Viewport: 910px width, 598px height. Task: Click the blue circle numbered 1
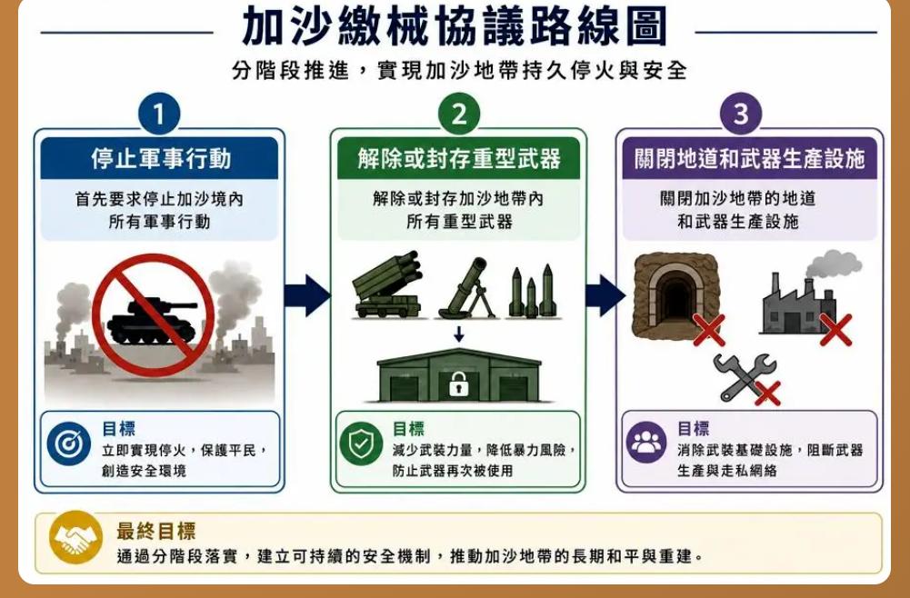click(x=159, y=114)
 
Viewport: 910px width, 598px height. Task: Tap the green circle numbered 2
click(x=458, y=114)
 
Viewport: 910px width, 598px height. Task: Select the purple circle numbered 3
click(x=741, y=114)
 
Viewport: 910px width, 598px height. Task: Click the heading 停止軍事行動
click(x=161, y=159)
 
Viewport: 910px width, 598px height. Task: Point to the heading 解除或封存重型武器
click(x=458, y=159)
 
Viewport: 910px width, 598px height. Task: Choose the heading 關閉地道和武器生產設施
click(x=749, y=159)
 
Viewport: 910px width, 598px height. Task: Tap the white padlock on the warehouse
click(x=458, y=384)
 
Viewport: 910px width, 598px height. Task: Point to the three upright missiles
click(x=532, y=292)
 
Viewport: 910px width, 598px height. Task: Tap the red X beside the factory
click(x=835, y=330)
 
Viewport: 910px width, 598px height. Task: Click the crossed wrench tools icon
click(x=744, y=377)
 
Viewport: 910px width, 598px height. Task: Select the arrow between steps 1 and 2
click(x=307, y=295)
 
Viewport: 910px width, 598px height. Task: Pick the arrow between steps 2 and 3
click(x=605, y=295)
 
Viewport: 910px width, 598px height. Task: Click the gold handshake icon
click(x=75, y=538)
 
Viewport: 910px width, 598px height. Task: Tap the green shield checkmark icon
click(x=361, y=444)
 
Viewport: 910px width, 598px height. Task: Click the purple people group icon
click(x=646, y=443)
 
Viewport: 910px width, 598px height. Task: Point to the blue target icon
click(x=69, y=444)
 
